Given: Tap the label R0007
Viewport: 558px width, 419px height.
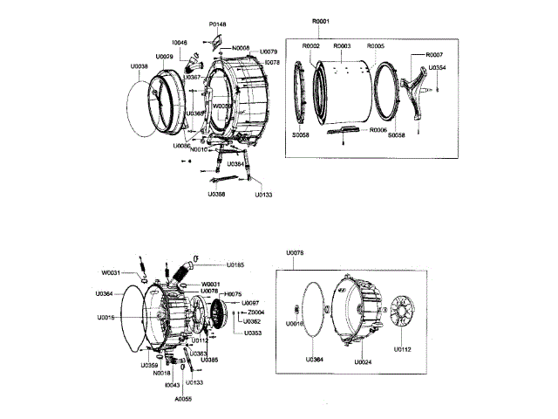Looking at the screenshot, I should (x=433, y=55).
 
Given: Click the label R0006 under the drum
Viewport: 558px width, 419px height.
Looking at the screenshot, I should (x=378, y=129).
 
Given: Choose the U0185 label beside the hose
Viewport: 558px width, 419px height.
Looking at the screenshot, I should (x=235, y=264).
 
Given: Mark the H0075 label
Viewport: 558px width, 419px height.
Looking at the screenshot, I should (x=233, y=294).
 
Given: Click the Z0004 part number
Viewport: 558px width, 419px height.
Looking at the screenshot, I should (x=256, y=312).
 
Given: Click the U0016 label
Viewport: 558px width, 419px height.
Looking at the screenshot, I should (x=296, y=324).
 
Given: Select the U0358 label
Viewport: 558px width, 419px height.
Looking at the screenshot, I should (x=217, y=194).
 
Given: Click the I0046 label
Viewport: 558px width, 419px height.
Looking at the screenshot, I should (x=180, y=42).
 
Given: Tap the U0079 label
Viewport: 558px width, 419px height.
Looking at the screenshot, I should (x=269, y=52).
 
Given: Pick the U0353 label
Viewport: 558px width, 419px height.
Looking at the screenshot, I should (x=253, y=333).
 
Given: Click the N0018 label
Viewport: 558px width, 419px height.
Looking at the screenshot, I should (x=161, y=373).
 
